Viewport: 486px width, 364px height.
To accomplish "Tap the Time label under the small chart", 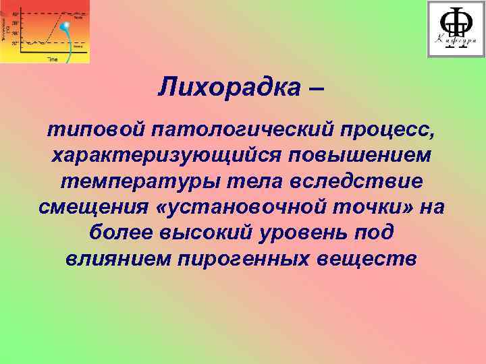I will (52, 59).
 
